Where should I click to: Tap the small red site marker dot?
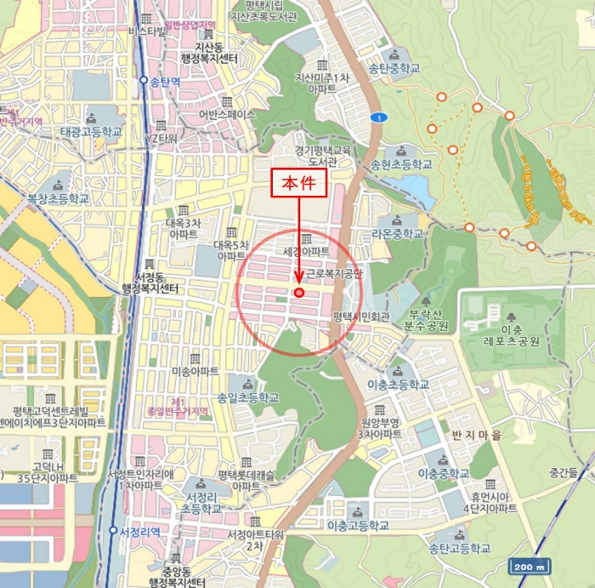tap(298, 293)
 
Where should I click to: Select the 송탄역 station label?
tap(166, 82)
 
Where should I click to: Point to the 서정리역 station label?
tap(139, 531)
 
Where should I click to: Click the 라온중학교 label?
tap(397, 233)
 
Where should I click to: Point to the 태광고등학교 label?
tap(91, 133)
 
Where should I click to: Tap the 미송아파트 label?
tap(195, 372)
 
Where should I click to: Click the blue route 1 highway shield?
tap(376, 117)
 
